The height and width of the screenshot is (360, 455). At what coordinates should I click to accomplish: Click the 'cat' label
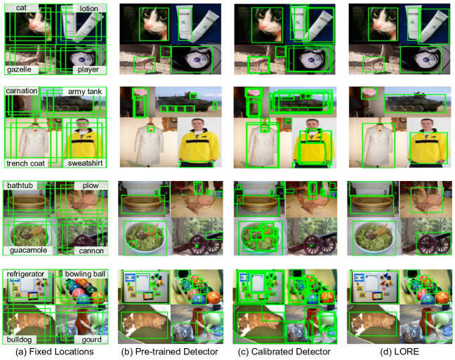21,8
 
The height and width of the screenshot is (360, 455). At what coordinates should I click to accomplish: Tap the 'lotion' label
88,8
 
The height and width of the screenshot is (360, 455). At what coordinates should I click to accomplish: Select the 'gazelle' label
19,69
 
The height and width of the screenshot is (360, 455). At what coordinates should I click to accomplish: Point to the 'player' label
88,69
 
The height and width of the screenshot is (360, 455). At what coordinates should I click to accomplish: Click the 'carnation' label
22,91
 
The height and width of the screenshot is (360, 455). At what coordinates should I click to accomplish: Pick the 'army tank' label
85,92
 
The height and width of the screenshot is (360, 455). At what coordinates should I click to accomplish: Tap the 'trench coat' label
25,164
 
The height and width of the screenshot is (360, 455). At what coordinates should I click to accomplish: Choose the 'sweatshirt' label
86,163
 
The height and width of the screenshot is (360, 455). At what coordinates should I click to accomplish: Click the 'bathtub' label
20,185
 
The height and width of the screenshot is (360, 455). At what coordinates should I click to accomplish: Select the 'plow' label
91,186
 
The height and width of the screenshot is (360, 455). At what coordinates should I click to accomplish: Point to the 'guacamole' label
28,250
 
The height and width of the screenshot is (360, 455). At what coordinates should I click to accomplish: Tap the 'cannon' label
91,251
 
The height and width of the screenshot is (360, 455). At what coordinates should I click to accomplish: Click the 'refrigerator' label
25,274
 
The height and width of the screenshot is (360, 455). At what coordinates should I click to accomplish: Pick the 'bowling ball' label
85,274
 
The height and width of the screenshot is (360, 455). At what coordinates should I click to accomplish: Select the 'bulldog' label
18,340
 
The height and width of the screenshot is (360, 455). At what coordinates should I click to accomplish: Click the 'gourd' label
92,340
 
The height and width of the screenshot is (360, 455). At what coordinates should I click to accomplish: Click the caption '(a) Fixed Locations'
55,352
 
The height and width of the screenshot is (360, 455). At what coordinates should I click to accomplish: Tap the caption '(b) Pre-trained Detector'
170,352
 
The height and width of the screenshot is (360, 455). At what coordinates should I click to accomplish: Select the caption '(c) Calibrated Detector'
284,352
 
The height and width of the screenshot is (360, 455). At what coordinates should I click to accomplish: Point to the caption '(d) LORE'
400,352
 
